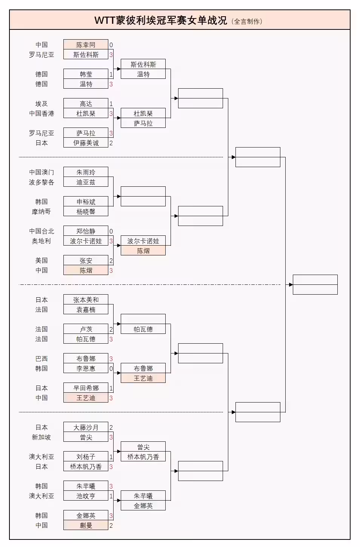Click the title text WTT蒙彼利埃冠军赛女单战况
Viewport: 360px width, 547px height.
[x=161, y=20]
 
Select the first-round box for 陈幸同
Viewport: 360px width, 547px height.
[x=86, y=45]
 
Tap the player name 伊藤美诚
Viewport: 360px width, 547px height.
[x=86, y=143]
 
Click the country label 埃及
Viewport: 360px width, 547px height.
[x=42, y=104]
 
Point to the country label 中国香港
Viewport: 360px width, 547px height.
[x=42, y=114]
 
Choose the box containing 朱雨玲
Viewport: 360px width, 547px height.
[x=86, y=172]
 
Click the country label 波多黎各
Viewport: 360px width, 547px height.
[x=42, y=182]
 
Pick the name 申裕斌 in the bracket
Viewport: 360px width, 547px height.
[x=86, y=202]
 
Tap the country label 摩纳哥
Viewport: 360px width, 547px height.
[x=42, y=212]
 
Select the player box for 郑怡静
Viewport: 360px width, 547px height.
[x=86, y=231]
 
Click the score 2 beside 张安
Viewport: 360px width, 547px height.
[x=111, y=261]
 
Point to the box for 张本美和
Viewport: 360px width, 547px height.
[x=86, y=300]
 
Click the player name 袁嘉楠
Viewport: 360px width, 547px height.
[x=86, y=310]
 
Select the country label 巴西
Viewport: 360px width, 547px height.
[x=42, y=359]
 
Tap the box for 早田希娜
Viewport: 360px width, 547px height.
[x=86, y=388]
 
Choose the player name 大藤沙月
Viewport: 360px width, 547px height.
[x=86, y=427]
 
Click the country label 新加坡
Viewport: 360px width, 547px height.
[x=42, y=437]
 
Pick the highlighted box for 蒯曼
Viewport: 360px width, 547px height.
[x=86, y=525]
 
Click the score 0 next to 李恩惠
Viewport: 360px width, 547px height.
[x=111, y=369]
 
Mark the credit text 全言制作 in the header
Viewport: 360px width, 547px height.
[x=247, y=22]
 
